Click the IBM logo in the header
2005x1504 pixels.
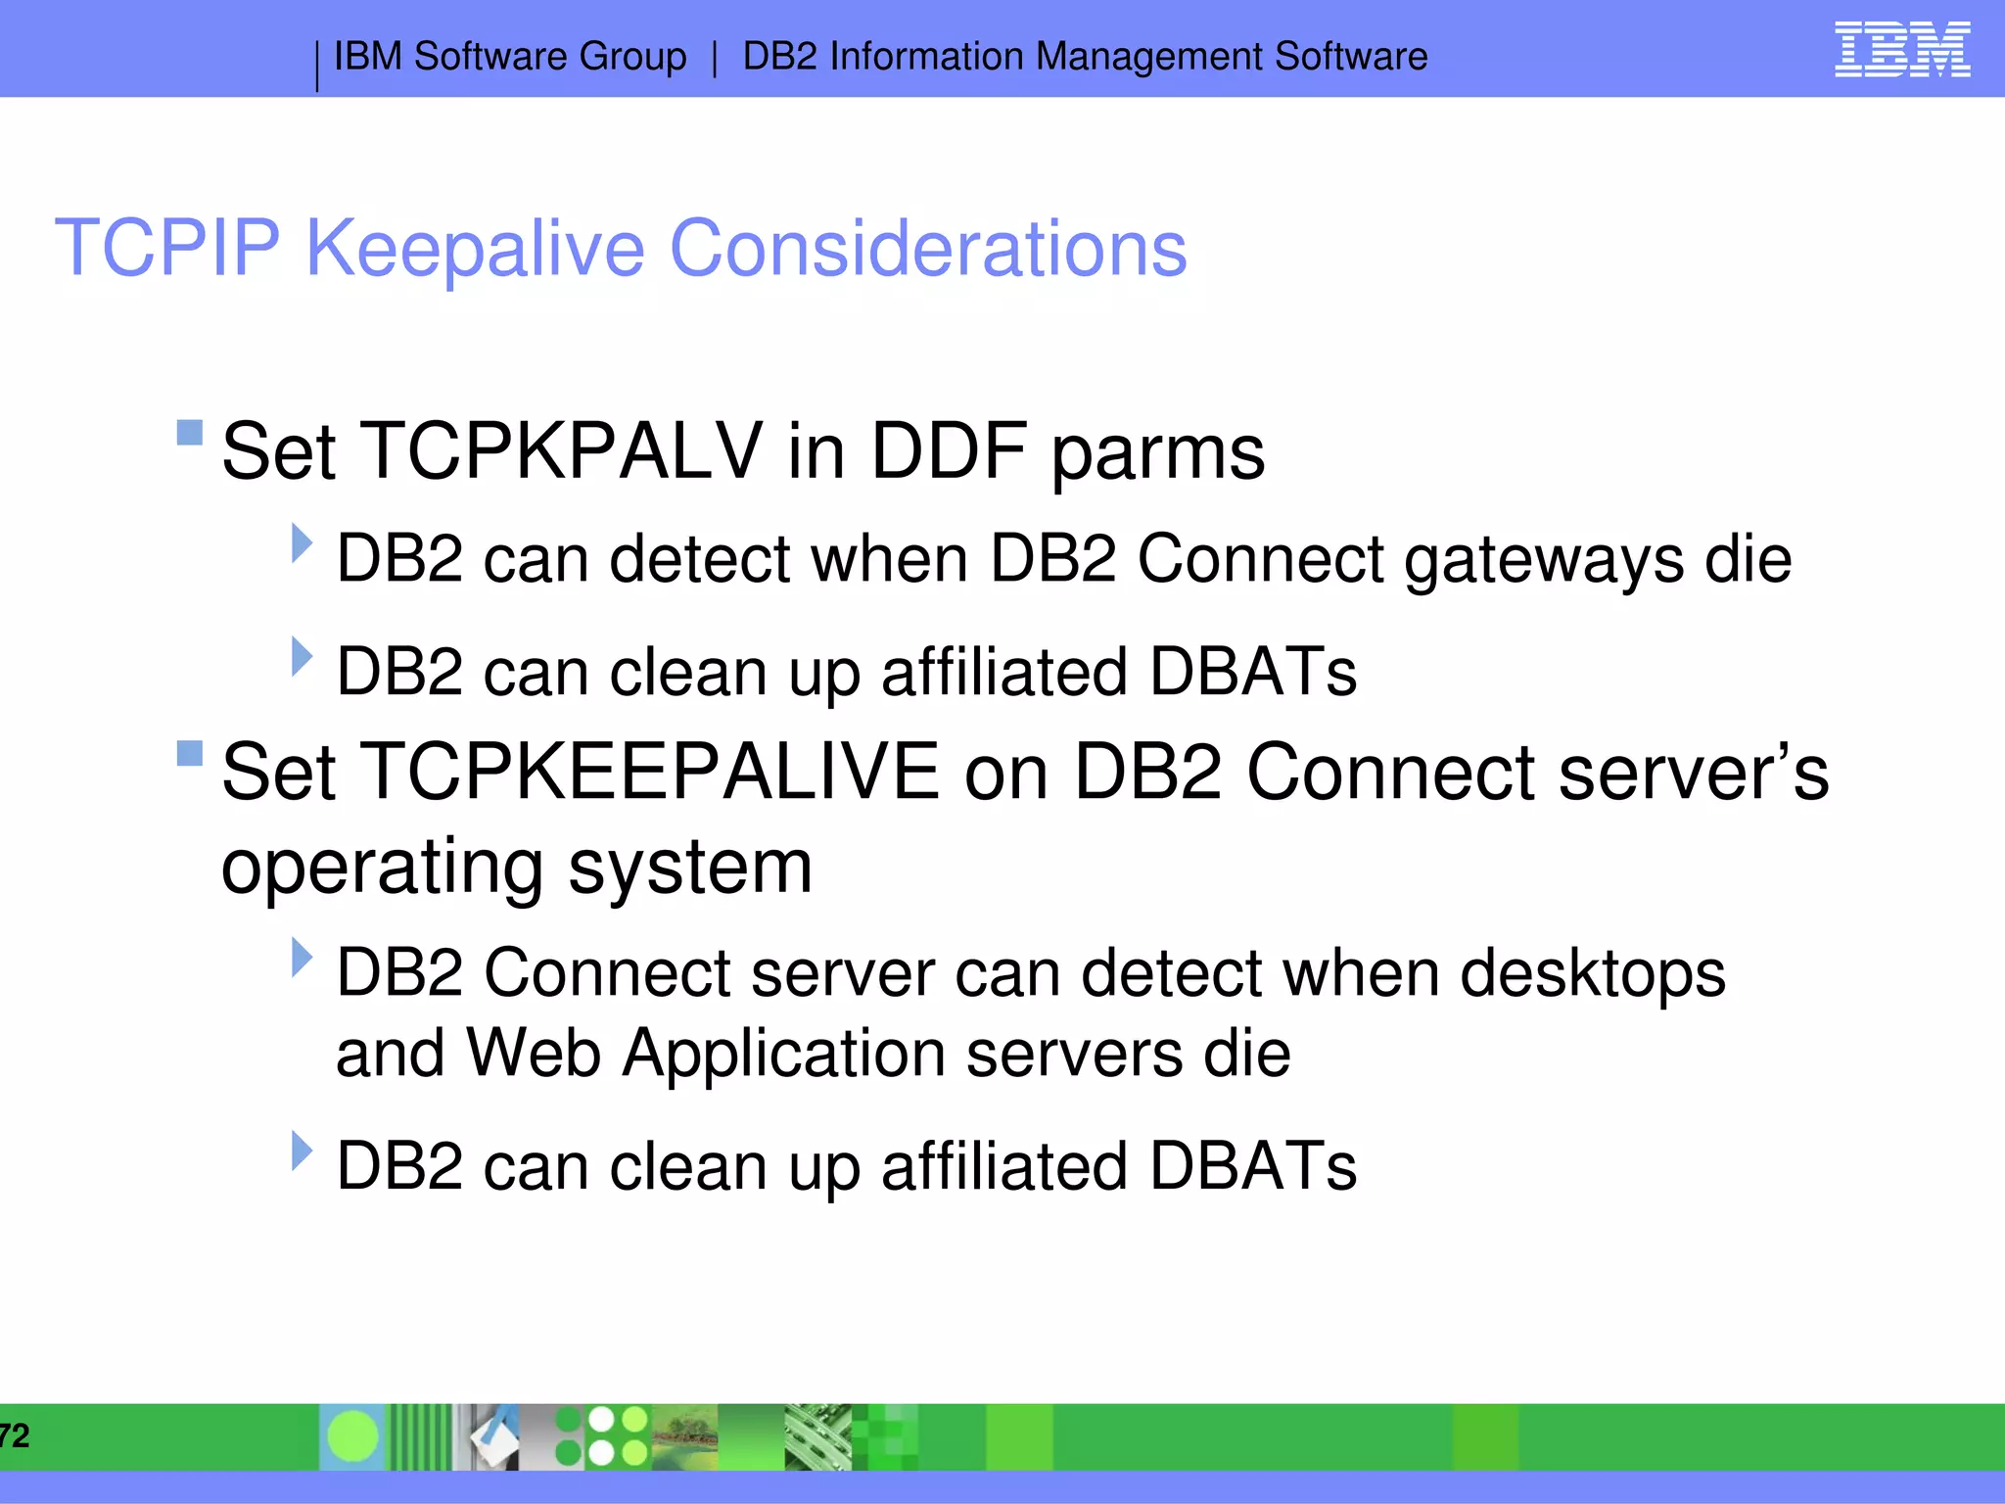(1901, 50)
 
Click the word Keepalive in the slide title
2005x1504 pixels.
(475, 249)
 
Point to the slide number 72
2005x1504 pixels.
(15, 1436)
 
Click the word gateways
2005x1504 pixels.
(1544, 561)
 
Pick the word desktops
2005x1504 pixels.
(1593, 975)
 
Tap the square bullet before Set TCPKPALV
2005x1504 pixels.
(190, 433)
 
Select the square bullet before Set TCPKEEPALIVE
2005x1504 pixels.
(190, 753)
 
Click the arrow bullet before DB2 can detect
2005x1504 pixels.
(302, 543)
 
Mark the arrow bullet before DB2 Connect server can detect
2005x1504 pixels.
(302, 958)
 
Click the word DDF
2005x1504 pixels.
(949, 451)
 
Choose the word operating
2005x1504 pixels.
(382, 868)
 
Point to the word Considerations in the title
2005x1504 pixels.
(927, 249)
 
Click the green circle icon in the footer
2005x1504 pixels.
(352, 1436)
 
